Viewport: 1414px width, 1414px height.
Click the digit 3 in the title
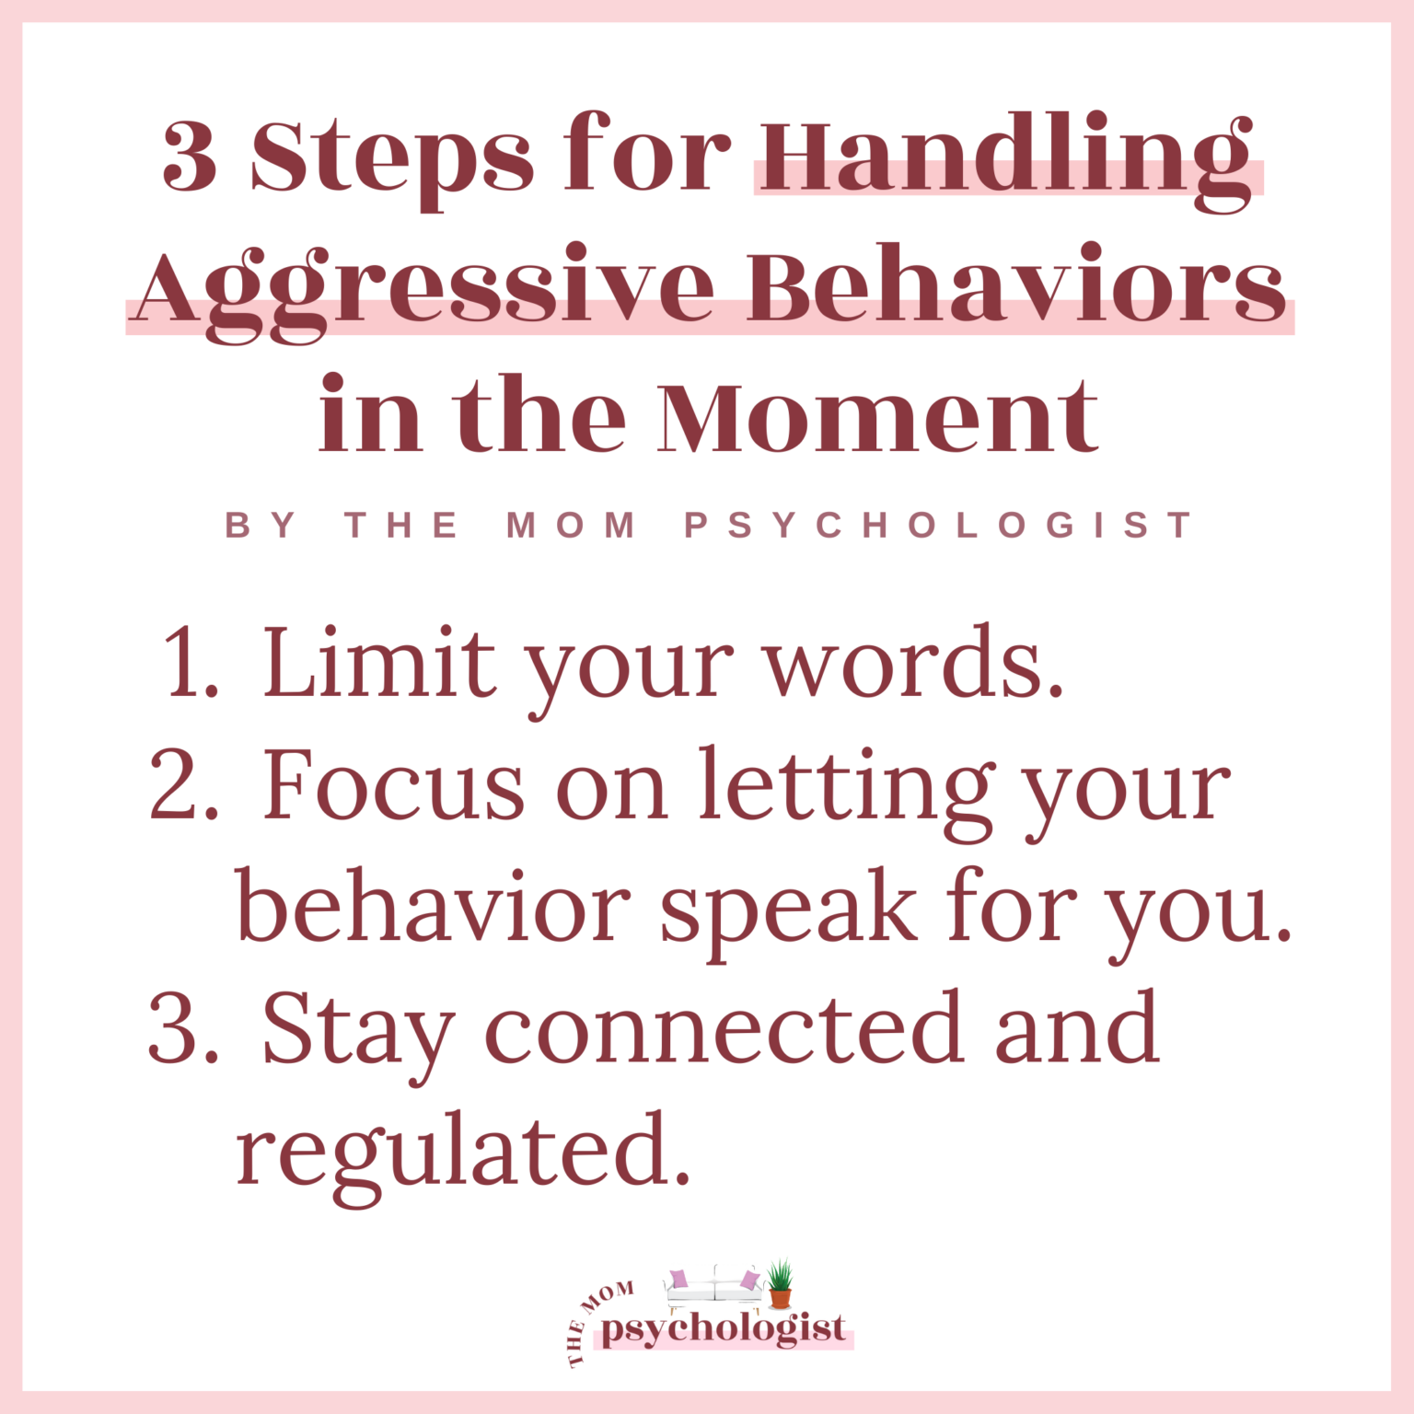click(x=191, y=156)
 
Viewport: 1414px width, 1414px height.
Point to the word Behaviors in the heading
click(x=1016, y=285)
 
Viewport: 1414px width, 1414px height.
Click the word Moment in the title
click(x=877, y=416)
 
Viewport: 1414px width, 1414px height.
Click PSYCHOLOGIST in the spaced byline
click(x=938, y=526)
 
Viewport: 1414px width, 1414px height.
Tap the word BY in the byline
click(x=261, y=526)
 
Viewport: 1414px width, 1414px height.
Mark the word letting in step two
click(x=846, y=788)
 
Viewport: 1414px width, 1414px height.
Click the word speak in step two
click(x=789, y=910)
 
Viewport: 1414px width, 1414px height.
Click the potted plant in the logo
click(x=780, y=1282)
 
